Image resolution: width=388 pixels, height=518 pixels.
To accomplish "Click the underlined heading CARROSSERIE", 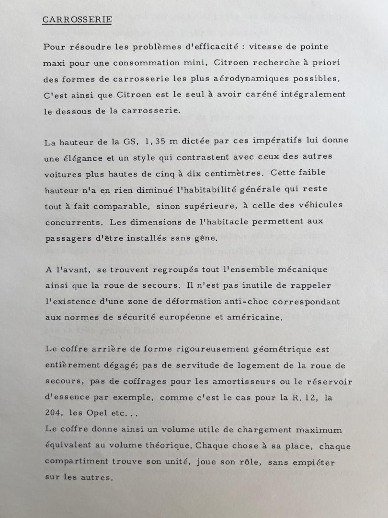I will (x=77, y=19).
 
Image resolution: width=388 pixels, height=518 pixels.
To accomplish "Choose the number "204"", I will (x=55, y=413).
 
